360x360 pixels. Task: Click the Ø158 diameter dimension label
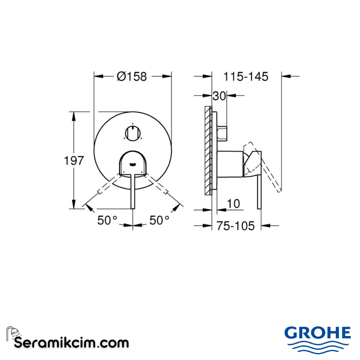pyautogui.click(x=132, y=76)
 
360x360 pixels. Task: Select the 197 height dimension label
pyautogui.click(x=74, y=161)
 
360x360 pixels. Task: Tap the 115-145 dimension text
pyautogui.click(x=246, y=76)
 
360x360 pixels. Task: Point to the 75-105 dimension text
pyautogui.click(x=235, y=226)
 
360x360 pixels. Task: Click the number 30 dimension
pyautogui.click(x=219, y=96)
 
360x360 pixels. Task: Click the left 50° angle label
pyautogui.click(x=107, y=220)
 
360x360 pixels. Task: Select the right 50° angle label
pyautogui.click(x=159, y=220)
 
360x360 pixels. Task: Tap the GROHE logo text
pyautogui.click(x=317, y=333)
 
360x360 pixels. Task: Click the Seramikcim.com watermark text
pyautogui.click(x=71, y=343)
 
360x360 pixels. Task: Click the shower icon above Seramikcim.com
pyautogui.click(x=13, y=333)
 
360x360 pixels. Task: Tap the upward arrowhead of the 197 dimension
pyautogui.click(x=74, y=115)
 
